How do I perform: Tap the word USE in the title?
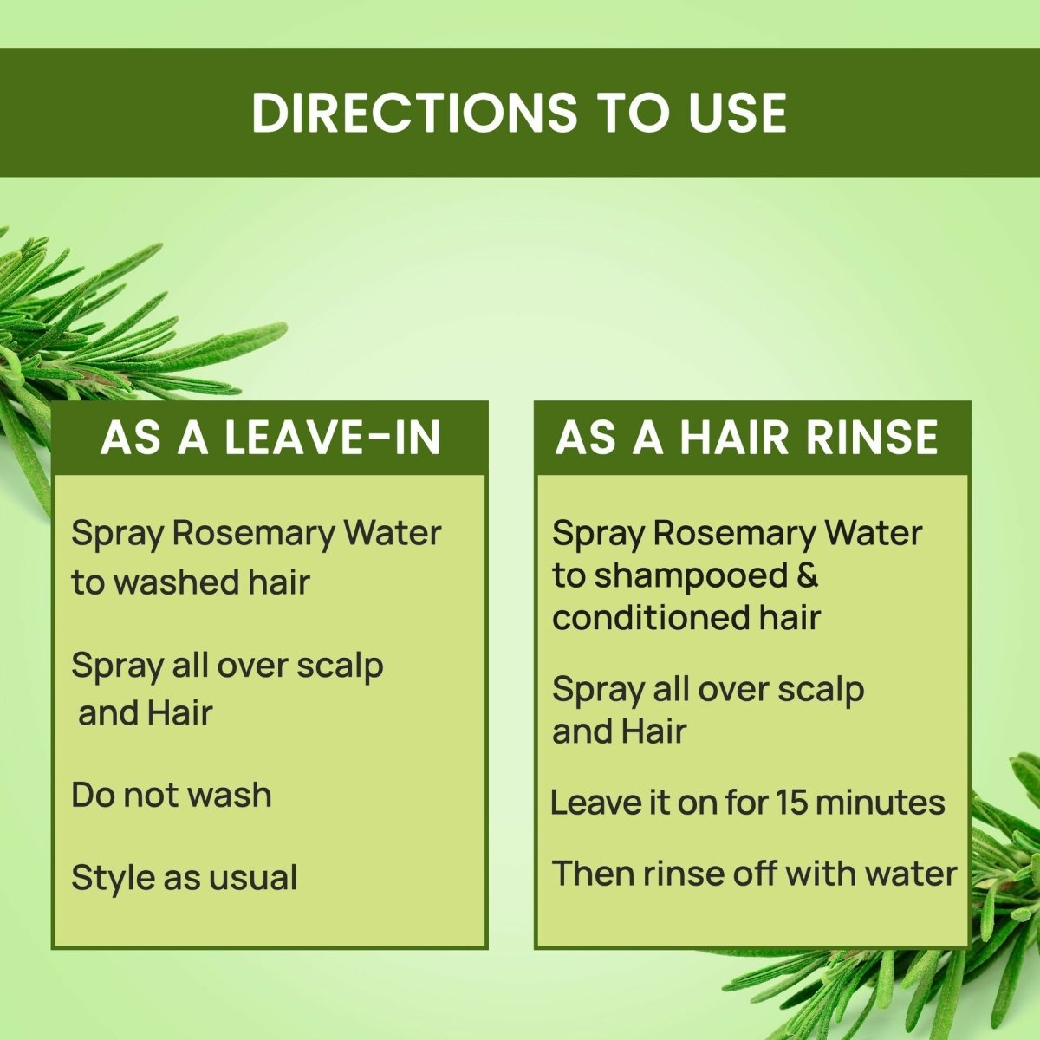coord(738,113)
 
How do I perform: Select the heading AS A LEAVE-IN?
coord(270,438)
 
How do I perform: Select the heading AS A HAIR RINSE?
coord(747,438)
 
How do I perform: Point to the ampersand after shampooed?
coord(806,575)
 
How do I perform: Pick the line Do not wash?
coord(172,795)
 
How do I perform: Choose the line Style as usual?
coord(185,878)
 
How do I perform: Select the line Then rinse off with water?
coord(754,873)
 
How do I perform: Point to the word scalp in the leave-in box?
coord(340,666)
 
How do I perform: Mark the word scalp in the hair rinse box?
coord(821,691)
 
